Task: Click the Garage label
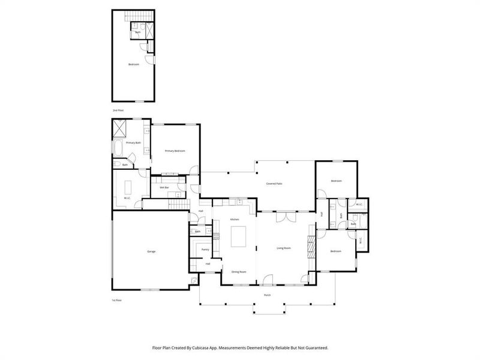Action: [x=151, y=251]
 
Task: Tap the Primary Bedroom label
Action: [x=175, y=151]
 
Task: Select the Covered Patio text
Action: [x=275, y=183]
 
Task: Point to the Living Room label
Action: [x=284, y=248]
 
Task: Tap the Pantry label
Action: [x=205, y=249]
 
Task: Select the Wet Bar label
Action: [x=164, y=188]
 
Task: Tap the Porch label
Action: [x=267, y=295]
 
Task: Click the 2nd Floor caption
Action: [x=118, y=111]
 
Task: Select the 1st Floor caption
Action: [x=117, y=299]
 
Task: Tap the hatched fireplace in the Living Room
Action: [x=311, y=245]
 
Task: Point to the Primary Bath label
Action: [x=133, y=143]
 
